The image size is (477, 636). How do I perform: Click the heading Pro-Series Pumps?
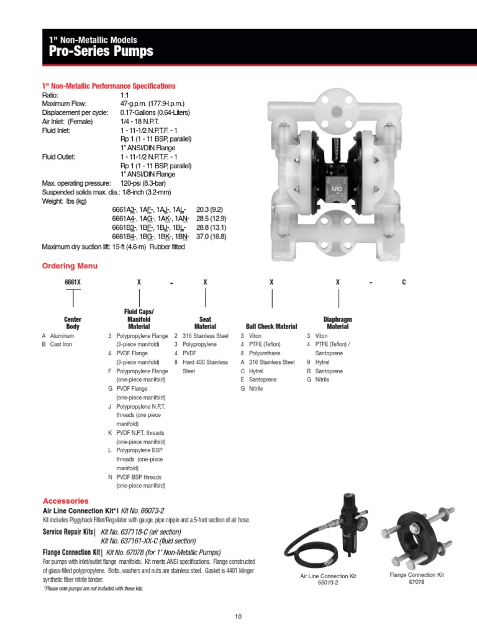click(101, 51)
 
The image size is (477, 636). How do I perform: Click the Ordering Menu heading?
click(70, 266)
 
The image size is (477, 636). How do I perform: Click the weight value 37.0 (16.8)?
click(211, 237)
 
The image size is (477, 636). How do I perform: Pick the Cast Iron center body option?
click(61, 344)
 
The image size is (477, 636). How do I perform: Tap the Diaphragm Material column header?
click(337, 322)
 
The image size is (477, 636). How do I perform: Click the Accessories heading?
click(66, 501)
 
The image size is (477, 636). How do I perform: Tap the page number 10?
click(238, 616)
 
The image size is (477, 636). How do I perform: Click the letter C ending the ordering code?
click(404, 282)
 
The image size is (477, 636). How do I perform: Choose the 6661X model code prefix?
click(73, 282)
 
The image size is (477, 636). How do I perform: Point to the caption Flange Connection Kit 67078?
click(417, 578)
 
